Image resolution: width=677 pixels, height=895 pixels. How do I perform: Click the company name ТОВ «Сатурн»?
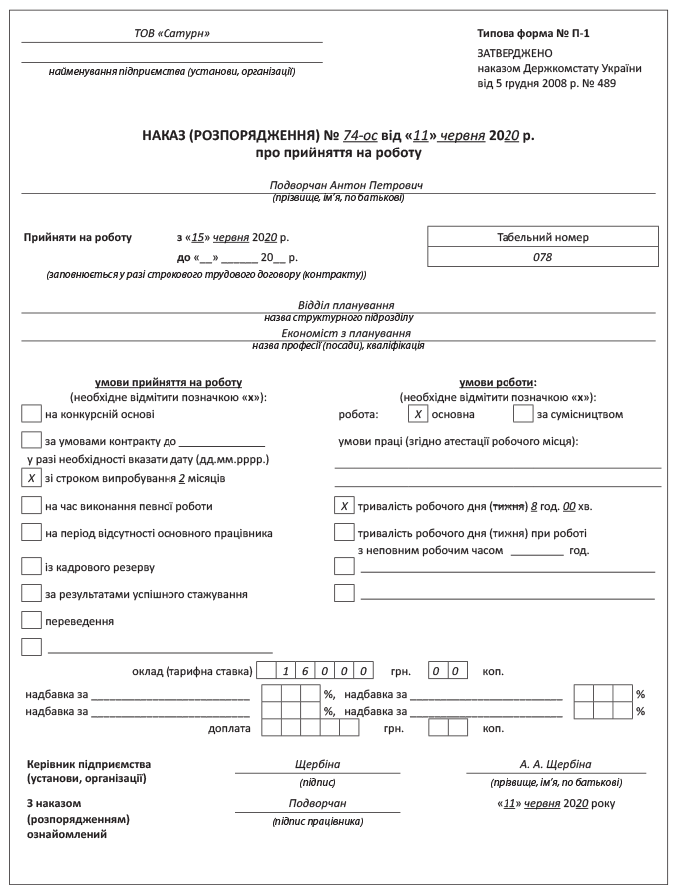tap(171, 34)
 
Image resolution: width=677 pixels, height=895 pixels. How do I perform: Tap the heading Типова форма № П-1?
tap(533, 34)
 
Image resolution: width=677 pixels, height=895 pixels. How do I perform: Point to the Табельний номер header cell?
tap(542, 237)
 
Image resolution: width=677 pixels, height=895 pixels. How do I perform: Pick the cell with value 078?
tap(542, 257)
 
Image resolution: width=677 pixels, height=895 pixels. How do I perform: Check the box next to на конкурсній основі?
tap(31, 413)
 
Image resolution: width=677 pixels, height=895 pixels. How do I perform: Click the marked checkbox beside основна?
tap(418, 413)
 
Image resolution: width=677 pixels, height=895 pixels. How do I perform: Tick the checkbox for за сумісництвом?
tap(523, 413)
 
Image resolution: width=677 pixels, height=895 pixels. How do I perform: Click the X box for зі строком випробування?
tap(31, 478)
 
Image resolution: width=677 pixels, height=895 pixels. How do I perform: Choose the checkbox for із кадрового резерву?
tap(31, 566)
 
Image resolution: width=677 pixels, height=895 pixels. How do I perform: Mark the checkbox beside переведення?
tap(31, 621)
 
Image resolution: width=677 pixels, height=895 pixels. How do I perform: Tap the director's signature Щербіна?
tap(317, 764)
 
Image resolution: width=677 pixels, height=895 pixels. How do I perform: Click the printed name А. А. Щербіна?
tap(555, 764)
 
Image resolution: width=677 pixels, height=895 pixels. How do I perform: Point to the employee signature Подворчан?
tap(317, 803)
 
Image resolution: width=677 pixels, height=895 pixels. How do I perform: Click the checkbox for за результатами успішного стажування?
tap(31, 594)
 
